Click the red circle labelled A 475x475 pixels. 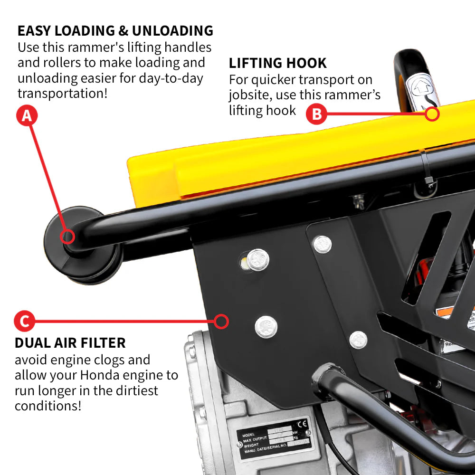coord(27,115)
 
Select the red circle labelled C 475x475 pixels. coord(24,322)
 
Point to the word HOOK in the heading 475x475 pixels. coord(307,63)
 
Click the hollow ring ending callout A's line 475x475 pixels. coord(67,236)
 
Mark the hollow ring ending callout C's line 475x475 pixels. coord(221,322)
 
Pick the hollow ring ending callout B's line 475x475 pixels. coord(432,114)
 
